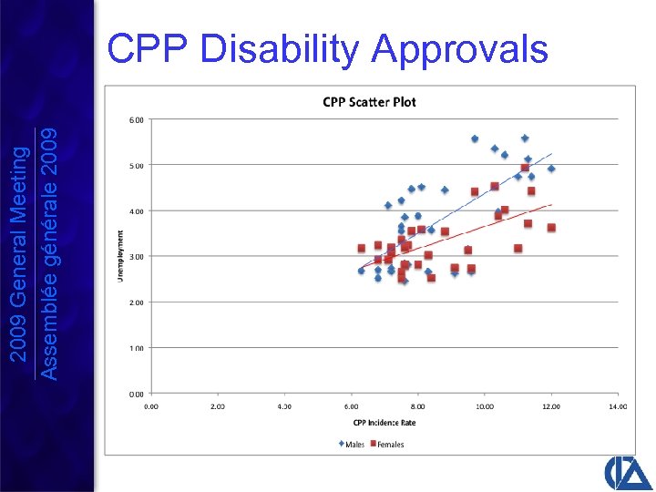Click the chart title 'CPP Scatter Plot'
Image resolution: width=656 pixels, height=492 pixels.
(x=369, y=102)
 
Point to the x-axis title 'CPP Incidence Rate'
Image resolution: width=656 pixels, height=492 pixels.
(x=384, y=422)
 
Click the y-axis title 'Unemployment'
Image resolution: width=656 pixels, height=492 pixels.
(x=121, y=255)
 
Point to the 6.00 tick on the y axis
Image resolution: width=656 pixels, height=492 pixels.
(x=135, y=119)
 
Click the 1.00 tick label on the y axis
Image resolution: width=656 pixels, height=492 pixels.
(x=135, y=348)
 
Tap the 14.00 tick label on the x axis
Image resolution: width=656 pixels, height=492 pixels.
(x=618, y=406)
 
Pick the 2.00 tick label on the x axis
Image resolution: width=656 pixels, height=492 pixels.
(x=218, y=406)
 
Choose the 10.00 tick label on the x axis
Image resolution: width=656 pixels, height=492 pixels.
(x=484, y=406)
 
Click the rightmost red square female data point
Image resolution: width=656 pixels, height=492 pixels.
(x=551, y=228)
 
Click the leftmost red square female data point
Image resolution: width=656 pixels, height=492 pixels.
(x=362, y=248)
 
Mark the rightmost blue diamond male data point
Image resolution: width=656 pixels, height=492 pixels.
(x=551, y=169)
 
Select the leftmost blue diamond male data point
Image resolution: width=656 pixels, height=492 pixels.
(x=361, y=271)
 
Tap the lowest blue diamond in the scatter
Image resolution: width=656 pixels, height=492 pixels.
(x=405, y=282)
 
